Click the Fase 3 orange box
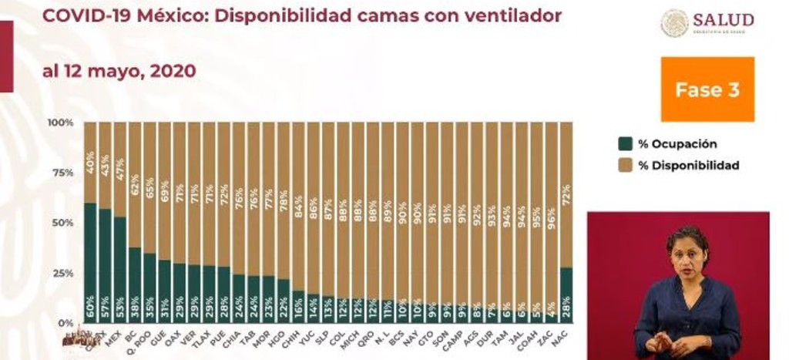[707, 89]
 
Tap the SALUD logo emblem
[675, 23]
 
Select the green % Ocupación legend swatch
[625, 144]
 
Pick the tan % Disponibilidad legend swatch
[625, 165]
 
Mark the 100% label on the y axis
[60, 123]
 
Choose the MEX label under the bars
[119, 336]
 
